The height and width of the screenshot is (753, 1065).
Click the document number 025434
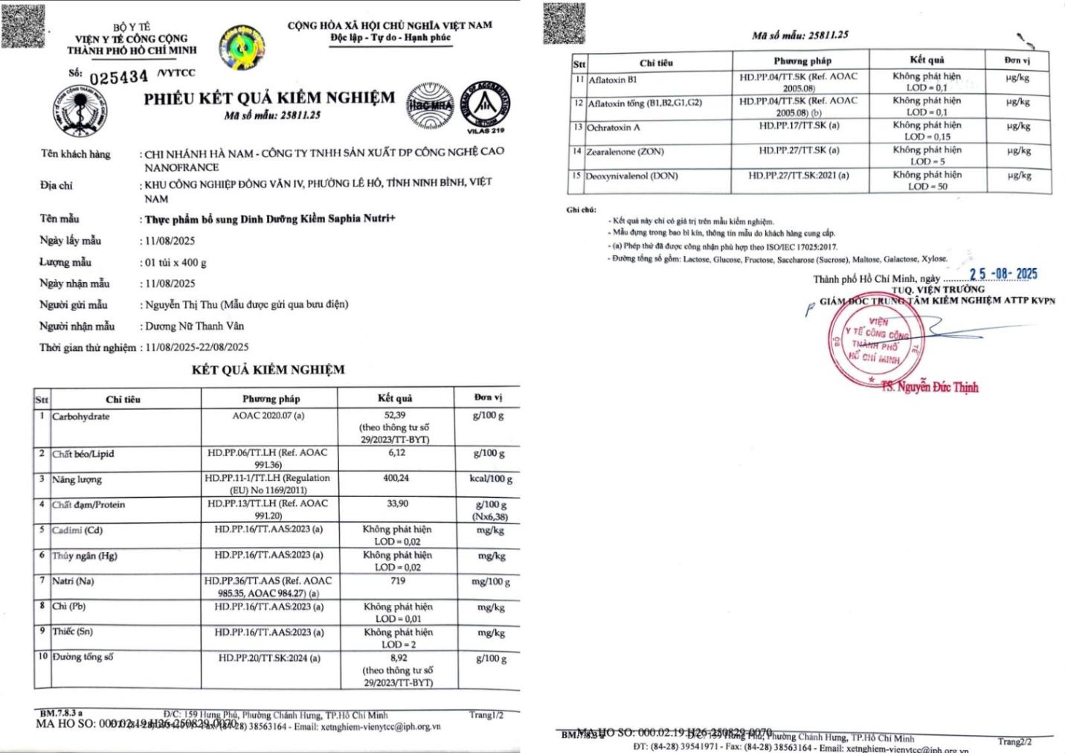(119, 77)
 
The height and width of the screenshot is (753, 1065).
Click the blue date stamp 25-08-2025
(1003, 274)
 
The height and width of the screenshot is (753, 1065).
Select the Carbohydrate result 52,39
(395, 415)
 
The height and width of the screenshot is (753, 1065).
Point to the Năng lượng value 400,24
(396, 478)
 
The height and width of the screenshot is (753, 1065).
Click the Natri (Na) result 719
(398, 580)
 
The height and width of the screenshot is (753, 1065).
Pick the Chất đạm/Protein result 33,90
(397, 504)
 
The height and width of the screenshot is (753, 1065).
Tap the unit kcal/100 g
(491, 478)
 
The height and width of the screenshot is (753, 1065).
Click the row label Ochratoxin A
(614, 127)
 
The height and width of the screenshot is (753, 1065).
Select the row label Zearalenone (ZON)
(625, 152)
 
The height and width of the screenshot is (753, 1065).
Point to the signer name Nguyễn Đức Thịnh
(930, 387)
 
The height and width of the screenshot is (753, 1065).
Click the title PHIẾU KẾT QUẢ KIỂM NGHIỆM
(269, 98)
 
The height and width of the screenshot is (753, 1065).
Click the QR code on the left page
(22, 25)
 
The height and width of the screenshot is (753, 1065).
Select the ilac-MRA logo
(429, 104)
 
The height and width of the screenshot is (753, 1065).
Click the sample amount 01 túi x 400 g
(176, 262)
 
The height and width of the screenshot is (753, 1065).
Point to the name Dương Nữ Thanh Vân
(194, 326)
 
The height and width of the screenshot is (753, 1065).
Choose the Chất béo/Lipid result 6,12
(396, 452)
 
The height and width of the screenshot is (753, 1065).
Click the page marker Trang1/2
(486, 715)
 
